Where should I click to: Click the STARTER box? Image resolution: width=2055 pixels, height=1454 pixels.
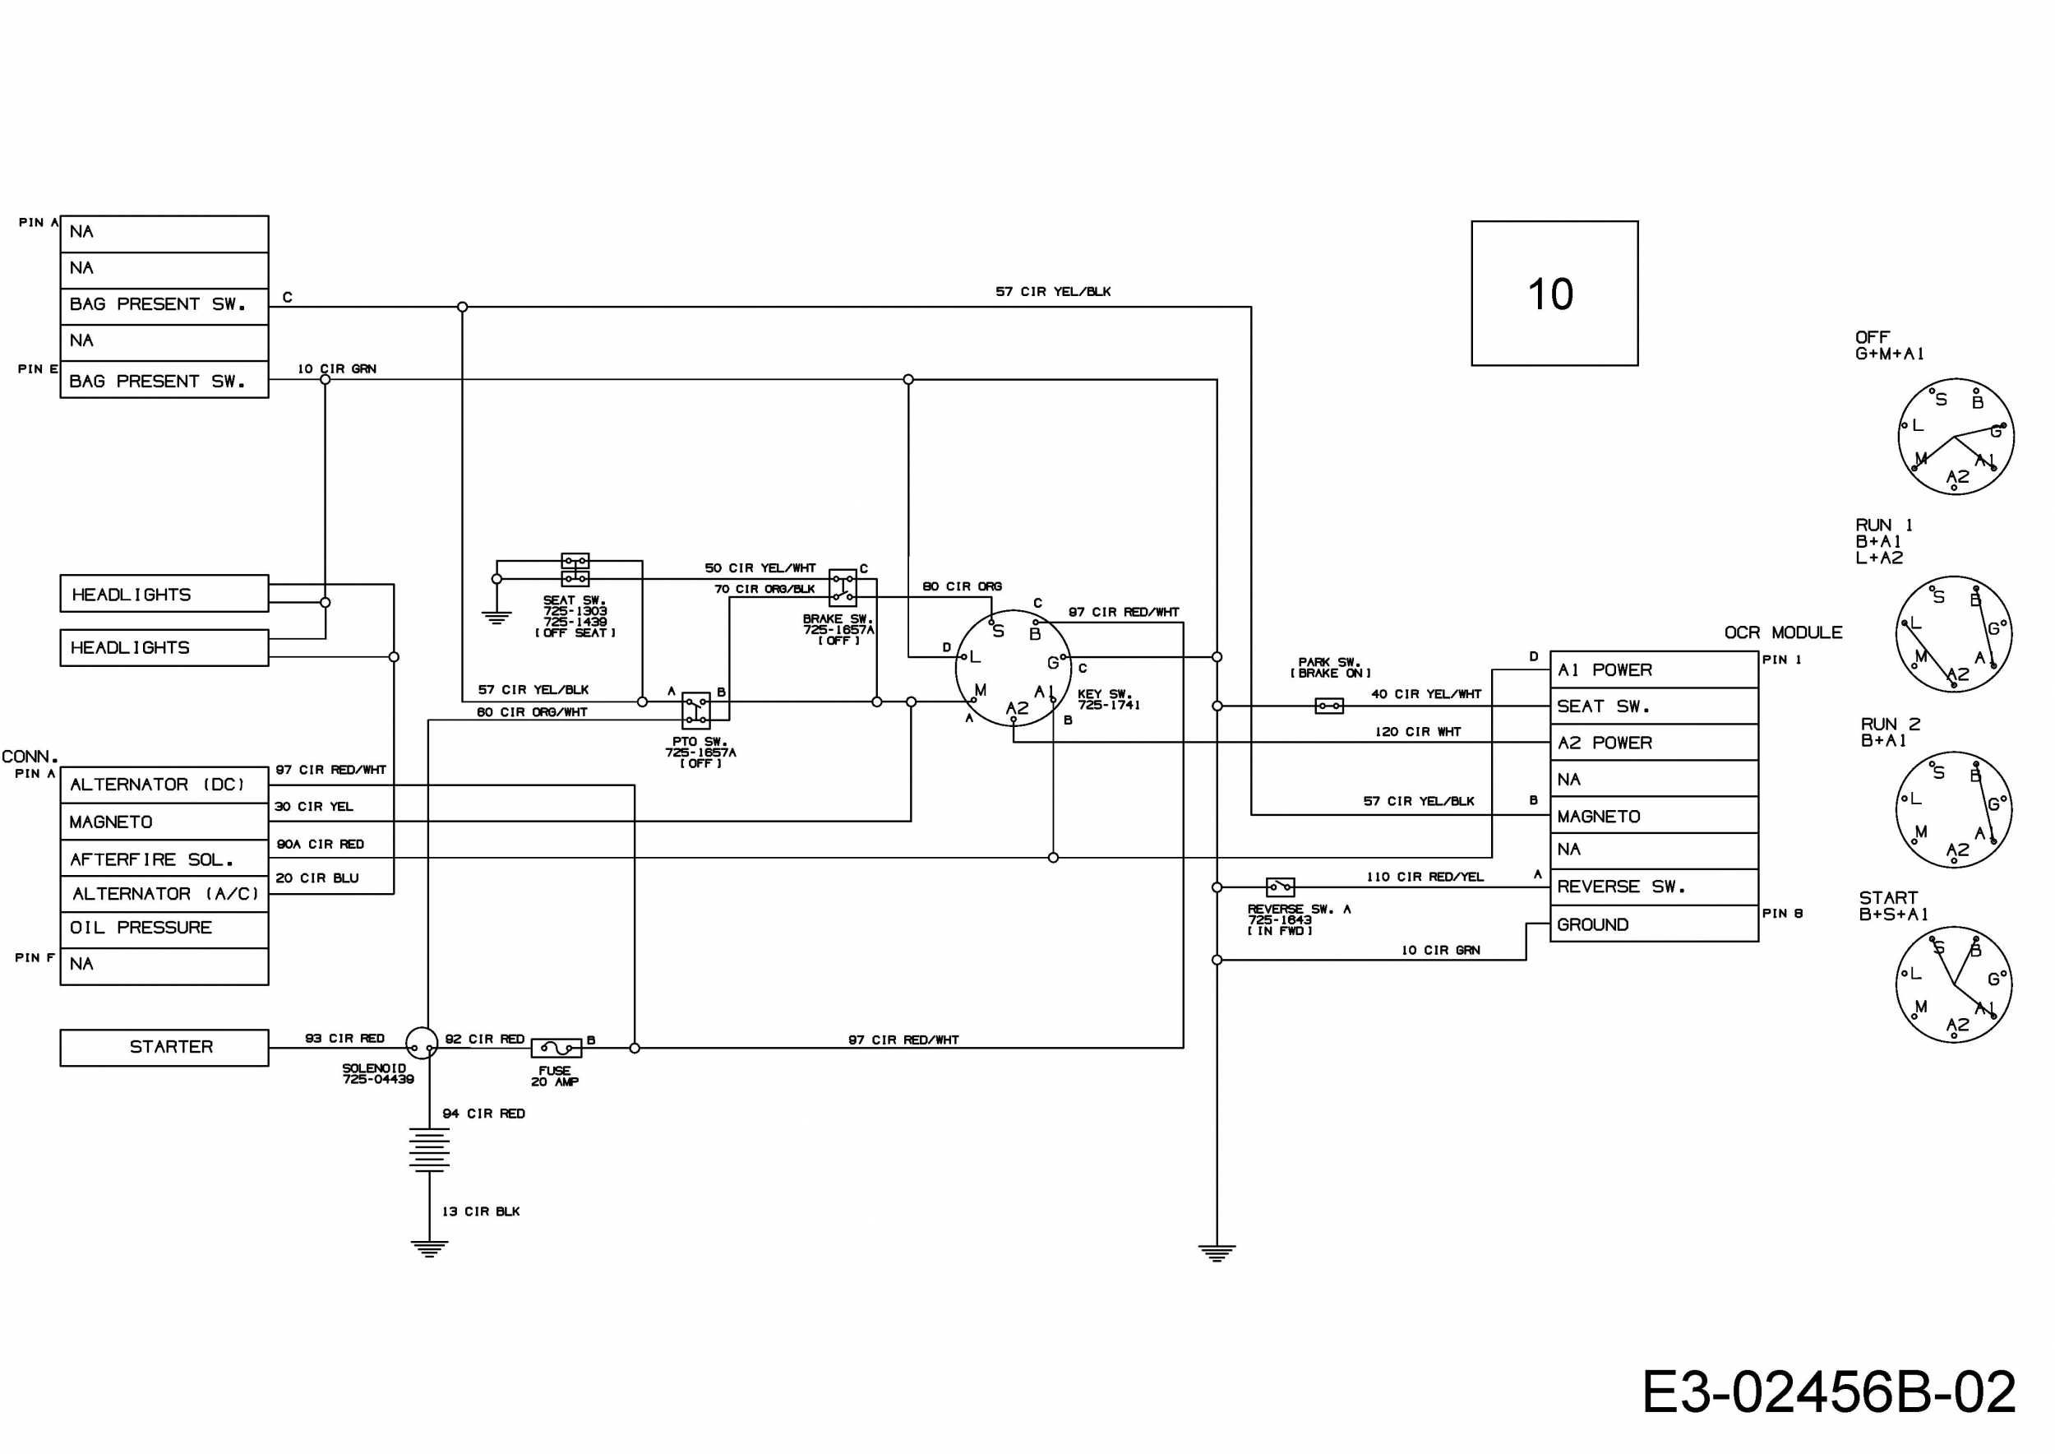coord(164,1047)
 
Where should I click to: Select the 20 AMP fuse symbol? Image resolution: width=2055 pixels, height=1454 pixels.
coord(556,1047)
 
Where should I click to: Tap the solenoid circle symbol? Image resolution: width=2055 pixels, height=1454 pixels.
coord(422,1043)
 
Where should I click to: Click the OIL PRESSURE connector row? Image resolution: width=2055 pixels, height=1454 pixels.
coord(164,928)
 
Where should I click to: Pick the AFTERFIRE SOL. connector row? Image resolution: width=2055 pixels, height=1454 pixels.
coord(164,859)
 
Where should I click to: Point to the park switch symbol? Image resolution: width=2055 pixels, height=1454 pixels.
coord(1329,706)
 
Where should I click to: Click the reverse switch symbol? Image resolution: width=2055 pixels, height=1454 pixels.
coord(1280,887)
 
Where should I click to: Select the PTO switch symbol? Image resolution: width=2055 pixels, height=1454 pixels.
coord(695,710)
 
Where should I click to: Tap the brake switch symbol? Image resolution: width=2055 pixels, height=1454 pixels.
coord(843,587)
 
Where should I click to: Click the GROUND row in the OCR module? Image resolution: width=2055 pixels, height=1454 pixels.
coord(1653,925)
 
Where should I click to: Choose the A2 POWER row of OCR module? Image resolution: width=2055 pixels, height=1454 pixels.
coord(1653,743)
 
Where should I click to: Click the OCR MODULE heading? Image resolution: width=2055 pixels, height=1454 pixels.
coord(1783,633)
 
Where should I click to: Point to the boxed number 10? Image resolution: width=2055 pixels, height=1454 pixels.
coord(1554,294)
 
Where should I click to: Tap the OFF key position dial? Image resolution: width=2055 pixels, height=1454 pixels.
coord(1956,436)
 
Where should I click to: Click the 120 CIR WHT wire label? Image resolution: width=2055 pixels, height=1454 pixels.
coord(1418,731)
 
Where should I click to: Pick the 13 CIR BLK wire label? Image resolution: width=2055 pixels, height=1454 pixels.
coord(481,1211)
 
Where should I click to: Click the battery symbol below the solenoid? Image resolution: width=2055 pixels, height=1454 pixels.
coord(429,1149)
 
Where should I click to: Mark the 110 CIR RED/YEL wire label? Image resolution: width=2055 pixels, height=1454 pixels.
coord(1424,877)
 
